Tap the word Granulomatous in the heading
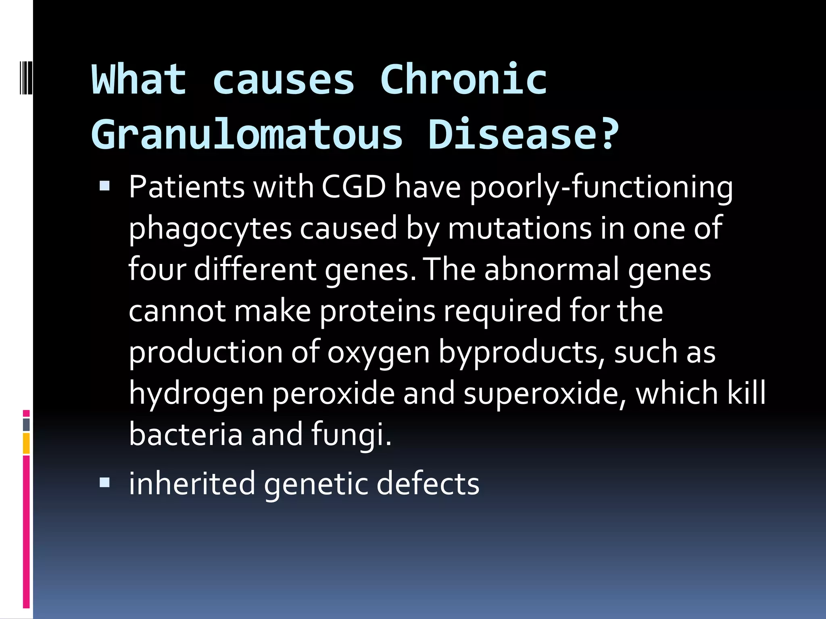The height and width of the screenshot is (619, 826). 247,135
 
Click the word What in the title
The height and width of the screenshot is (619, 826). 139,80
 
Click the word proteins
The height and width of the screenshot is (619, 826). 378,311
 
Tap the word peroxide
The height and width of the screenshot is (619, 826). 333,393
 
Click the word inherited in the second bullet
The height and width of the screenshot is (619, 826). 192,484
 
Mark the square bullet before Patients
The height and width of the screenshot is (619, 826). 104,186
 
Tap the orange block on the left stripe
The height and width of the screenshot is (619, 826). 26,443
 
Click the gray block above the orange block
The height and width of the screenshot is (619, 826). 26,424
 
